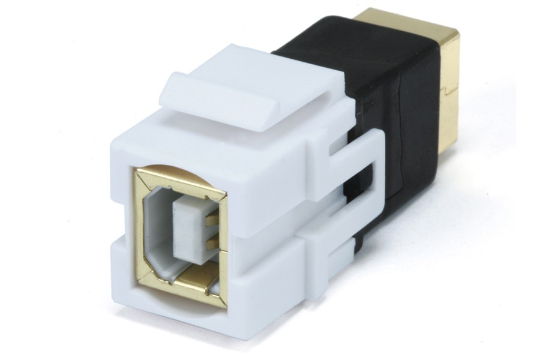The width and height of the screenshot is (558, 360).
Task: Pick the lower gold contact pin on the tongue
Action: point(209,242)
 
